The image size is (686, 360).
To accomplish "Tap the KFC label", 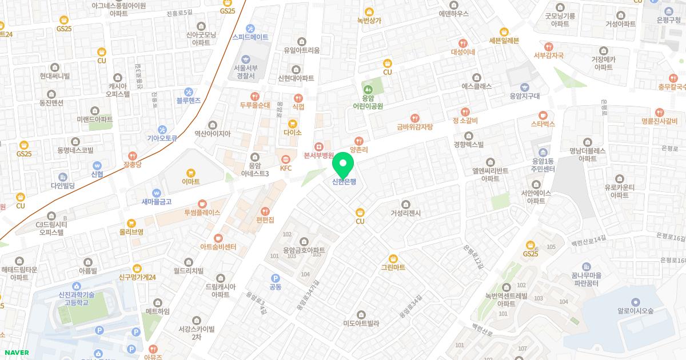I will pyautogui.click(x=286, y=168).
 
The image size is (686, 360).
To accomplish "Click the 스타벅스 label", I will pyautogui.click(x=543, y=123).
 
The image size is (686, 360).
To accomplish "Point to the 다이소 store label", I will pyautogui.click(x=292, y=132).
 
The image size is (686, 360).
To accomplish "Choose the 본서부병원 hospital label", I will pyautogui.click(x=318, y=155).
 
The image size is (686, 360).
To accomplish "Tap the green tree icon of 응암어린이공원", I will pyautogui.click(x=368, y=90).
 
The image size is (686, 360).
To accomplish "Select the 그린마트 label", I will pyautogui.click(x=393, y=267).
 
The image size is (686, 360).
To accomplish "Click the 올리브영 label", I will pyautogui.click(x=131, y=232).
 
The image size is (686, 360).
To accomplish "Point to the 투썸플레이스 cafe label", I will pyautogui.click(x=202, y=212).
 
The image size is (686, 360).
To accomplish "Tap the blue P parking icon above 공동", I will pyautogui.click(x=275, y=277).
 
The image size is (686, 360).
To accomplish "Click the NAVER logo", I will pyautogui.click(x=16, y=353).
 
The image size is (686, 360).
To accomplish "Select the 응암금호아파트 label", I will pyautogui.click(x=304, y=250).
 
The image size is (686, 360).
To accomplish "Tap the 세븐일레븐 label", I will pyautogui.click(x=504, y=40).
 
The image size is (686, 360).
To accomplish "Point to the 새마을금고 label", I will pyautogui.click(x=157, y=201).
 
